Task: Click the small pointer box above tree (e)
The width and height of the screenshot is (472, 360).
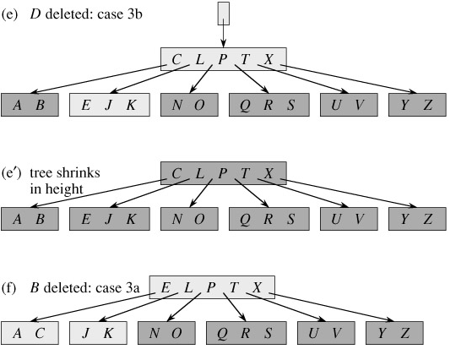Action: (224, 14)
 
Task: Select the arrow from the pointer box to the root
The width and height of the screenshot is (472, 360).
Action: (224, 35)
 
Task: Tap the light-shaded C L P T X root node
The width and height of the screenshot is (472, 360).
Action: (224, 58)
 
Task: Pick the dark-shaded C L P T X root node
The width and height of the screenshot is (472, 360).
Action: (224, 173)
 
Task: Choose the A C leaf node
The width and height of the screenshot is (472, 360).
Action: (28, 334)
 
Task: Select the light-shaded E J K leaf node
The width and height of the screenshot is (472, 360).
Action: (109, 105)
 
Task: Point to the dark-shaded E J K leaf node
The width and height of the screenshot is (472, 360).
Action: (109, 219)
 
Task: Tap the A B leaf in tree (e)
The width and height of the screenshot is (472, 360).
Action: (28, 105)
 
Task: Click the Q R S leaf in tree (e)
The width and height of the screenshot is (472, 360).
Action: (263, 105)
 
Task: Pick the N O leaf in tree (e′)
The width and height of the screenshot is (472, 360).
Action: (187, 219)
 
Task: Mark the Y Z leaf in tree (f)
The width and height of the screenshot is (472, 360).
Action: (393, 334)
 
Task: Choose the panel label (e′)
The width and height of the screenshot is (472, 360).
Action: (13, 173)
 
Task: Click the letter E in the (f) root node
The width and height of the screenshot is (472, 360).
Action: (165, 287)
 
